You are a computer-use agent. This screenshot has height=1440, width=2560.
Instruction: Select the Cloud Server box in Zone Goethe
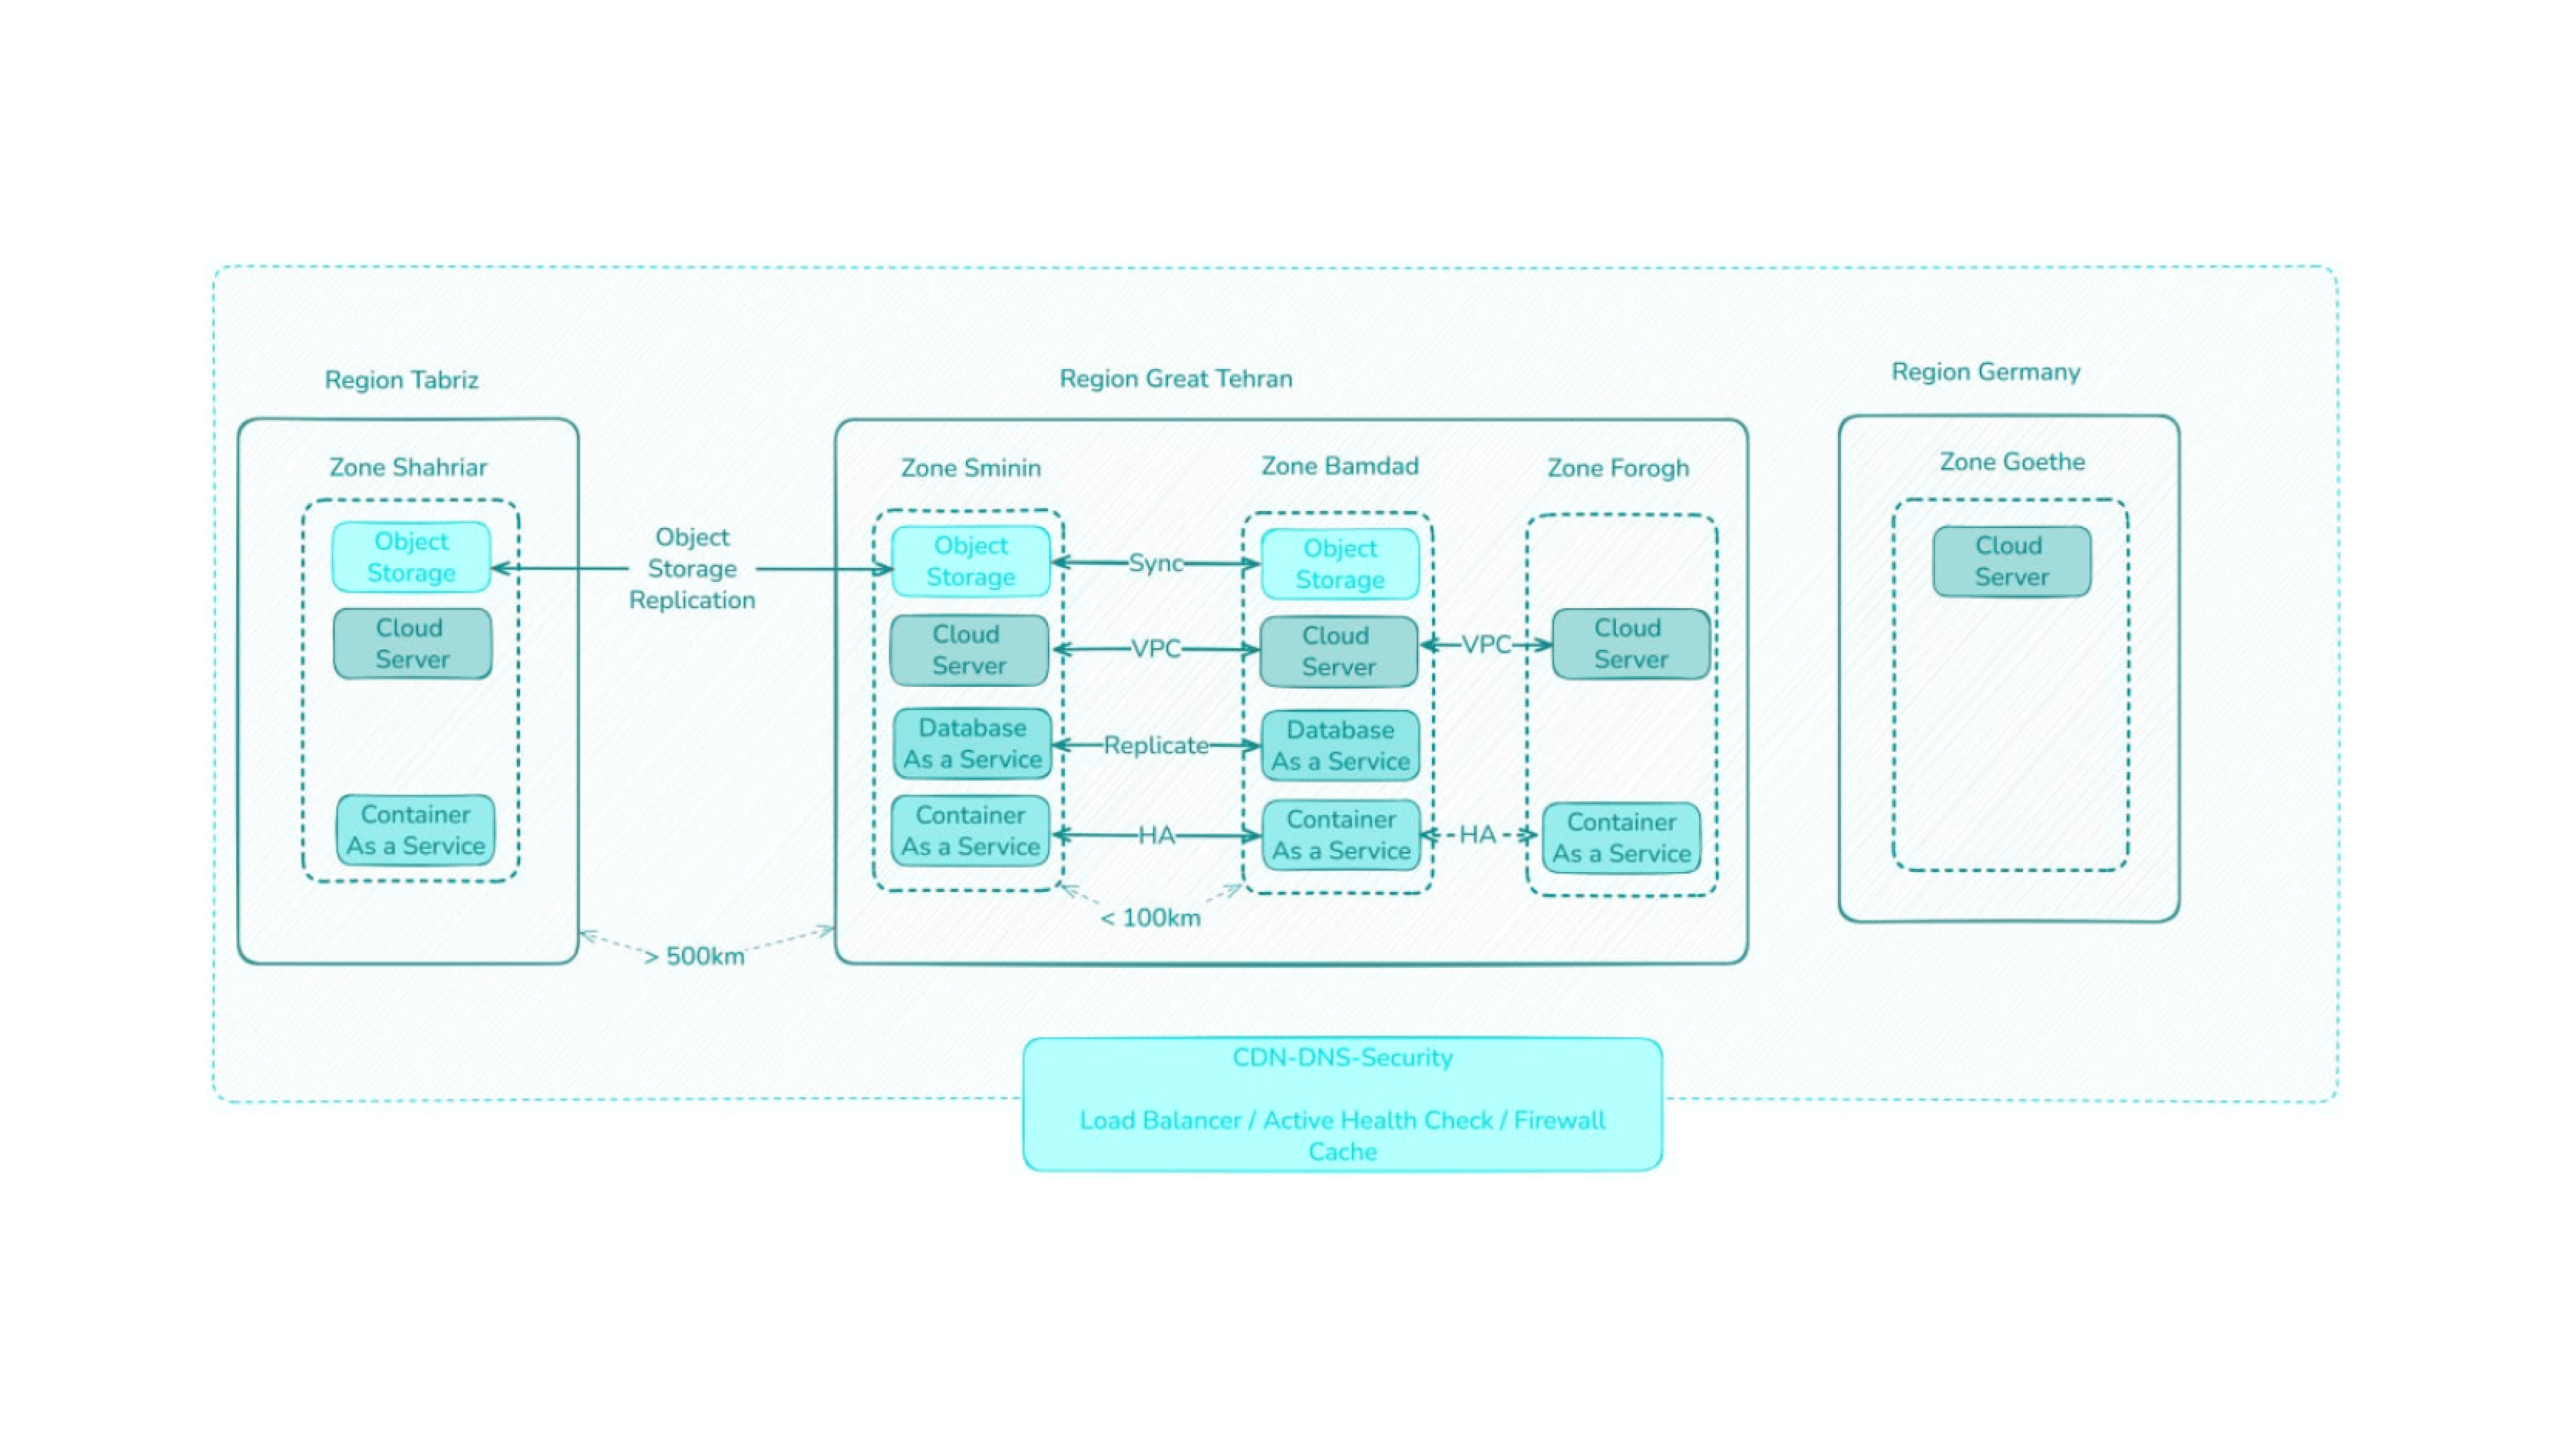[x=2011, y=561]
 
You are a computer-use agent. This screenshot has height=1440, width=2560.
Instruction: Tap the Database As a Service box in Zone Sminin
[x=972, y=743]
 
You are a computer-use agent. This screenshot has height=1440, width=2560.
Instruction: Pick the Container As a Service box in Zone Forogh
[x=1622, y=838]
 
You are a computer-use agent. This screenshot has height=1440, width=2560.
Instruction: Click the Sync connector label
[x=1156, y=563]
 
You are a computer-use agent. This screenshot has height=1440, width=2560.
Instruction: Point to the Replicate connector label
[x=1156, y=745]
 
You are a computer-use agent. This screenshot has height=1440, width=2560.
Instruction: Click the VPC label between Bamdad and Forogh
[x=1486, y=645]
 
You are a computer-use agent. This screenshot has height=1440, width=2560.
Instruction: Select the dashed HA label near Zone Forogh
[x=1478, y=835]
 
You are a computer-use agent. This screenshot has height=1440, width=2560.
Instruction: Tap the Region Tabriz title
[x=402, y=380]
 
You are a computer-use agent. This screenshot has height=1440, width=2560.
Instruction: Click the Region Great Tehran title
[x=1176, y=378]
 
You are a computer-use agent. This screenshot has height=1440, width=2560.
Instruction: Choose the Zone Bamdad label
[x=1340, y=466]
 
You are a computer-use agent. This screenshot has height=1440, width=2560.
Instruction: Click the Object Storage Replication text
[x=693, y=569]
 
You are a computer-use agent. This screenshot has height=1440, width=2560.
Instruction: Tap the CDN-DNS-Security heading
[x=1343, y=1057]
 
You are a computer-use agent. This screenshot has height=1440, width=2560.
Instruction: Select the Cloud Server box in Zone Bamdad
[x=1339, y=652]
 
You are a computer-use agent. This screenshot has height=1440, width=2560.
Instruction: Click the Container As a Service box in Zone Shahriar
[x=415, y=830]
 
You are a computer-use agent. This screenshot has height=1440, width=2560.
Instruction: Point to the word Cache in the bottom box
[x=1343, y=1152]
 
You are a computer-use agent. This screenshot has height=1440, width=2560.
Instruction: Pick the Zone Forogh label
[x=1618, y=468]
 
